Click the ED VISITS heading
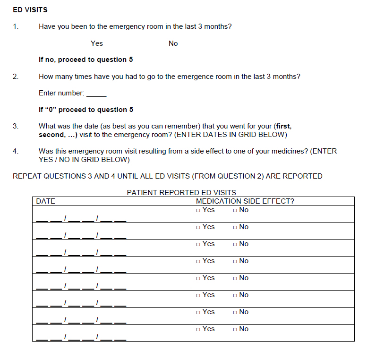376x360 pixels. click(30, 9)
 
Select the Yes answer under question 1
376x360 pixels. click(97, 43)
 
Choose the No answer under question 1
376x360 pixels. click(173, 43)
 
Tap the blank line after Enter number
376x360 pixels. click(97, 94)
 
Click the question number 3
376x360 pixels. click(16, 126)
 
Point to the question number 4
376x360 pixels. click(16, 151)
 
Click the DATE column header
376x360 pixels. click(46, 201)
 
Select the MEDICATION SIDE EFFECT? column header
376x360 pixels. click(245, 201)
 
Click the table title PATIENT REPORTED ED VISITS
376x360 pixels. click(181, 193)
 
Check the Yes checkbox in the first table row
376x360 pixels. click(199, 210)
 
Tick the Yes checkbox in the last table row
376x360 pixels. click(199, 329)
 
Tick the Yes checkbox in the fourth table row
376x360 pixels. click(199, 261)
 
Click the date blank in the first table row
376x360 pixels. click(81, 218)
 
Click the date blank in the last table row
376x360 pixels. click(81, 337)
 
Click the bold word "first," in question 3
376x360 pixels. click(283, 126)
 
